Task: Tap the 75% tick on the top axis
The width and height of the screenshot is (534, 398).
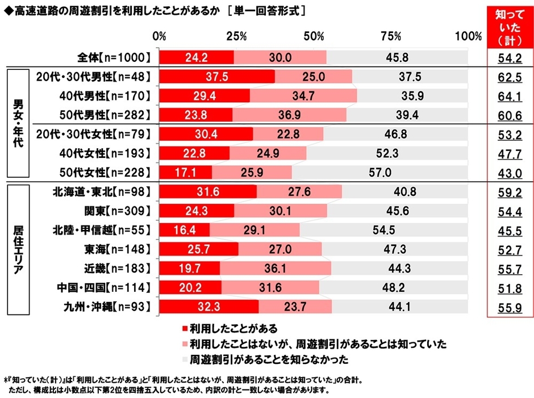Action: click(391, 36)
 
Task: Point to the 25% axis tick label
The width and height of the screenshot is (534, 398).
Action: click(236, 36)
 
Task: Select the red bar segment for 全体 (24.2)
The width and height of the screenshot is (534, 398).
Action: click(197, 57)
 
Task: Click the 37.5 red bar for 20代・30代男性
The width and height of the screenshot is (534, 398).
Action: click(217, 77)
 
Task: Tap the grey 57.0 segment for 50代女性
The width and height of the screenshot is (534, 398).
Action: click(379, 173)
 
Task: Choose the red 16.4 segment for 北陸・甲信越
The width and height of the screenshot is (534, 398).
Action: click(185, 230)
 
